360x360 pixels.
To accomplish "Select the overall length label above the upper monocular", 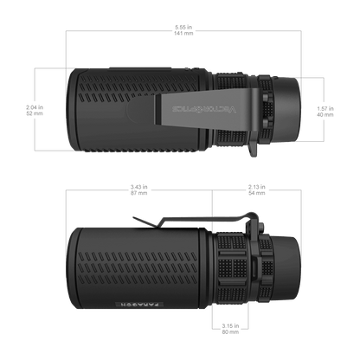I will [x=183, y=29].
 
